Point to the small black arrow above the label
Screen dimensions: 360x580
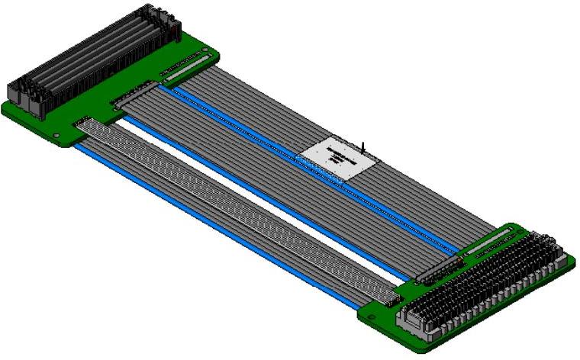364,146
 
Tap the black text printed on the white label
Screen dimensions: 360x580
338,158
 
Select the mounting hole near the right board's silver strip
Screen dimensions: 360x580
513,229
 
